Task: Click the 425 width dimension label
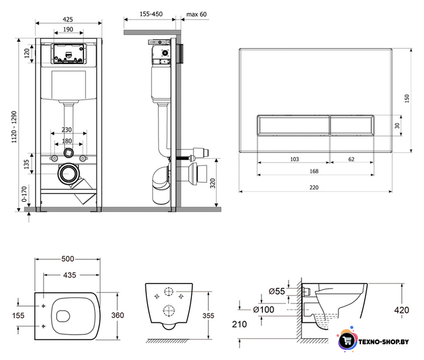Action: pos(68,19)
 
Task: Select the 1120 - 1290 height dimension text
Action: pos(14,127)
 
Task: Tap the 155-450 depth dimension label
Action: pos(151,14)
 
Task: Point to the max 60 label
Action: pos(197,14)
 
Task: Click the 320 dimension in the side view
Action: pos(213,183)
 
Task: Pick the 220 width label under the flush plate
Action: pos(314,187)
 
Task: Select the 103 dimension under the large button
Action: pos(294,159)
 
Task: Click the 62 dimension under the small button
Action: pos(351,159)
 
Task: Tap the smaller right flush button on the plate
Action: pos(352,125)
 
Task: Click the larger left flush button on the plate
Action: pos(293,125)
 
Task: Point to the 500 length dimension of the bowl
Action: pos(68,259)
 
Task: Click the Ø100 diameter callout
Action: pos(264,309)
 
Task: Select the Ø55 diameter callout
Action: pos(276,291)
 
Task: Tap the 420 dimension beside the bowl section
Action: pos(401,310)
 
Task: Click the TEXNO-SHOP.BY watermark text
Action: pos(383,342)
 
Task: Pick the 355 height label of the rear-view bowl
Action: pos(208,316)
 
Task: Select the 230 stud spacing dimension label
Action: pos(66,129)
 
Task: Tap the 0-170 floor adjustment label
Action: pos(24,194)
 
